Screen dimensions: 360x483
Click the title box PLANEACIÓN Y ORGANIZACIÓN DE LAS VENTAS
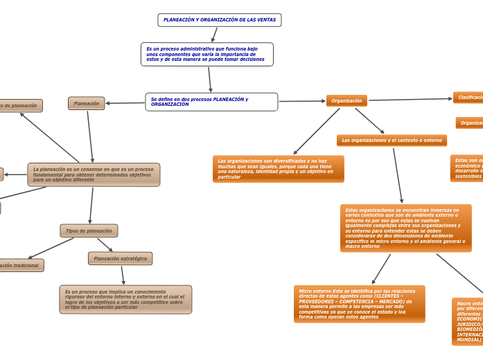219,20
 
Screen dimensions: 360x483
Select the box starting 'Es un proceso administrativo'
207,54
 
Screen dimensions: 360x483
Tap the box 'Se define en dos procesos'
211,102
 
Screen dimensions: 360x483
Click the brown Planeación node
87,103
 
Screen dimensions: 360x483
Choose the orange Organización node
346,101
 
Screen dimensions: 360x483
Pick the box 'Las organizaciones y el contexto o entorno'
392,141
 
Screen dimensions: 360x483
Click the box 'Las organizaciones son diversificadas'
278,169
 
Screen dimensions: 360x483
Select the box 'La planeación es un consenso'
94,174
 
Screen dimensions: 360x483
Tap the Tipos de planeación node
89,231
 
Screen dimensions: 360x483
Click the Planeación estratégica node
120,258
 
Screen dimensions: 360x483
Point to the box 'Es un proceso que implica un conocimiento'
125,299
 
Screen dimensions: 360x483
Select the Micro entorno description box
359,304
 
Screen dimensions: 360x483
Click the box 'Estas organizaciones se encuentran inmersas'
405,228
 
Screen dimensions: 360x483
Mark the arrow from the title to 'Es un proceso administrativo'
215,35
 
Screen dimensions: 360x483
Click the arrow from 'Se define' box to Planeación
125,103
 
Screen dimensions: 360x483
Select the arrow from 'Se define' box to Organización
301,101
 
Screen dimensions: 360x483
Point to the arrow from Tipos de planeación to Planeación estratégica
105,245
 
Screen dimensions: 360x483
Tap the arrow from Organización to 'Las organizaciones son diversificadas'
317,131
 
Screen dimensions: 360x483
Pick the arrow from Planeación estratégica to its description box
123,276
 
